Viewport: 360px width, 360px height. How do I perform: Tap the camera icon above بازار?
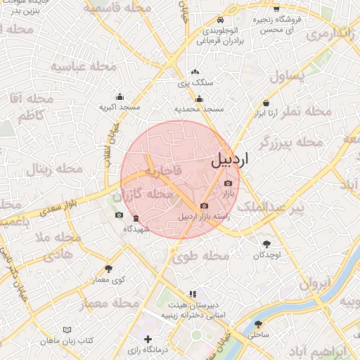coord(228,183)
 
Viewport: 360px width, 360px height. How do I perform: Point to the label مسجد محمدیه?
coord(199,110)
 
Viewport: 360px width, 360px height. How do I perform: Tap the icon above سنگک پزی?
coord(195,72)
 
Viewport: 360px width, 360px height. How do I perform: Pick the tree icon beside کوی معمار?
coord(108,269)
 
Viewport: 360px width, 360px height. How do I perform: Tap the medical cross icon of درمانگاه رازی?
coord(148,340)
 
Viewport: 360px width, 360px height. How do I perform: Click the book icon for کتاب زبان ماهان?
coord(67,329)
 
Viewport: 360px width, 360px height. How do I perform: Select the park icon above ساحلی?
coord(259,325)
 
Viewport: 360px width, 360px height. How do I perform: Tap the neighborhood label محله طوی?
coord(205,256)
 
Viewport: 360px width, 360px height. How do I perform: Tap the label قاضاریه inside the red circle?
coord(163,171)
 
